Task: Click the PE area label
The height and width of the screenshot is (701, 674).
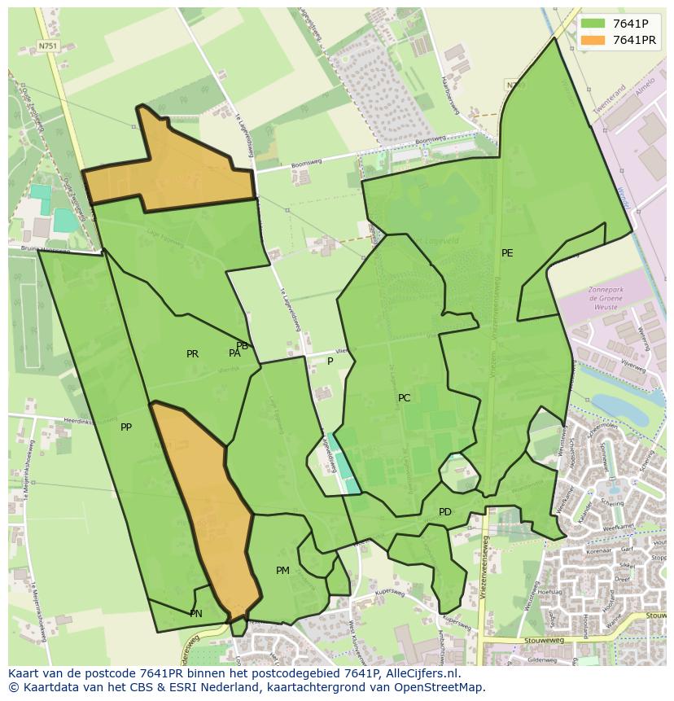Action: (507, 253)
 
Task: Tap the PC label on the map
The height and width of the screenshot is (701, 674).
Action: (404, 398)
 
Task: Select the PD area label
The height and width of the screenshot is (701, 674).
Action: (444, 512)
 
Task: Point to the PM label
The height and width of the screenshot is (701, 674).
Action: (282, 571)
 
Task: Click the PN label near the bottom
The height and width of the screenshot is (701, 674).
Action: (196, 614)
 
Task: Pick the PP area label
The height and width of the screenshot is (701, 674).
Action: (126, 427)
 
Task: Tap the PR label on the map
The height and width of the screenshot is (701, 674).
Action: (192, 354)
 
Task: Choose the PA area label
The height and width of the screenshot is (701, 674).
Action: (234, 353)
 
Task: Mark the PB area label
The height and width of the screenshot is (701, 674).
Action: (242, 346)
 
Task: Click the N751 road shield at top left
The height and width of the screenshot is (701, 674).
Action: (48, 46)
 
